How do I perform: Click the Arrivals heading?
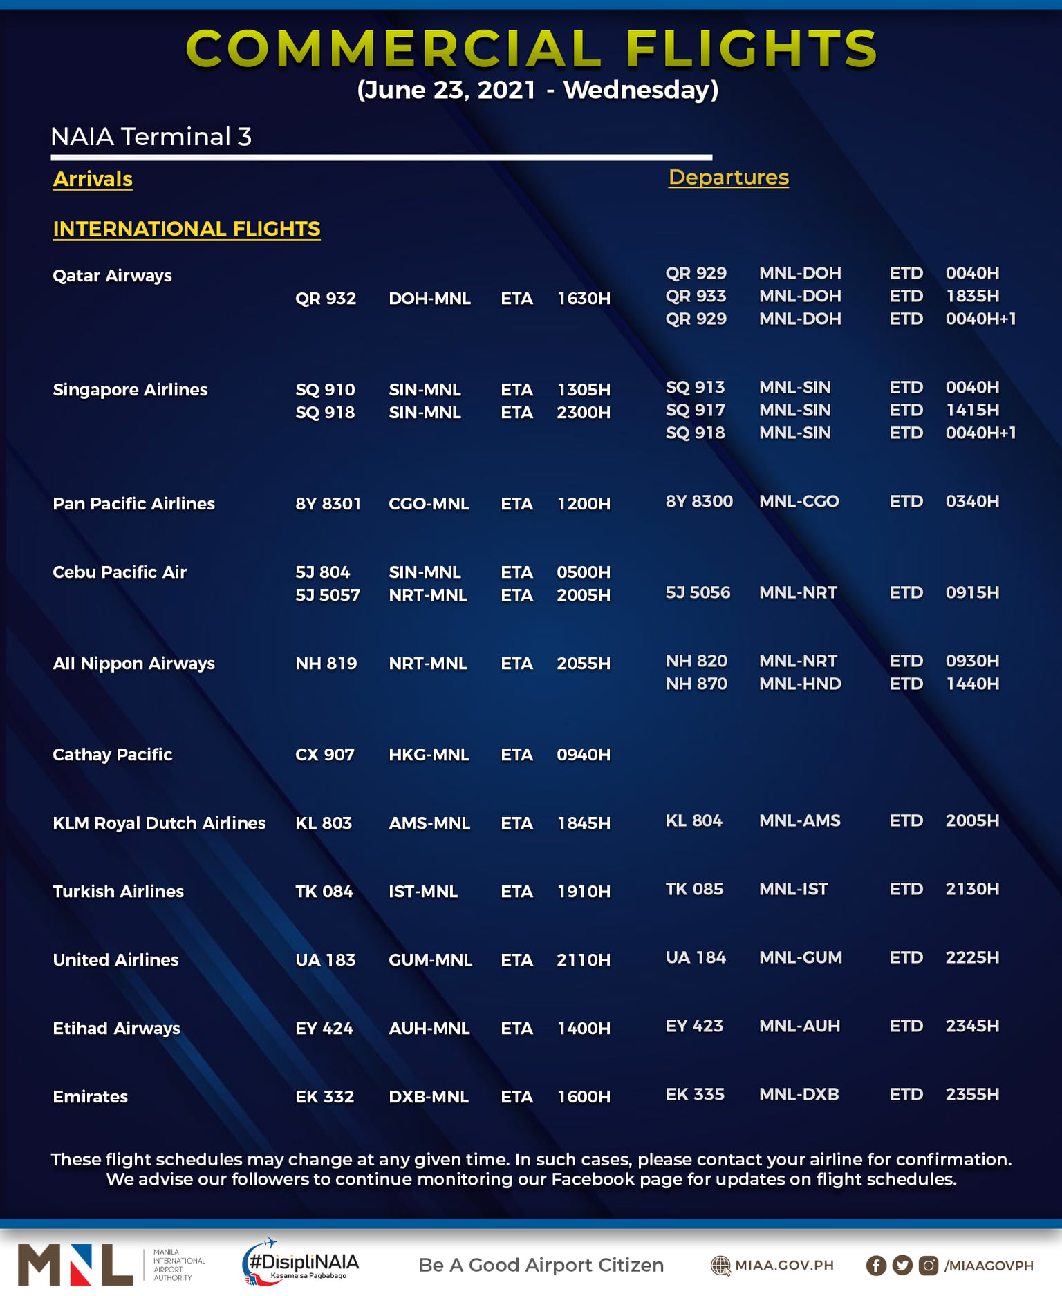coord(93,179)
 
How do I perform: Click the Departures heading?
coord(728,178)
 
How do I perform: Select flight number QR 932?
coord(325,299)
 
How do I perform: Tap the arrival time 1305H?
coord(583,390)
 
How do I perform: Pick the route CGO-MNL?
coord(429,504)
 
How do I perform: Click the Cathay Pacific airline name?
coord(112,755)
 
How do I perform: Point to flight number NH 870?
coord(696,684)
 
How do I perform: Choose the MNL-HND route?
coord(799,684)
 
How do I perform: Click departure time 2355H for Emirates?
coord(971,1095)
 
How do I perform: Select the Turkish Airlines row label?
coord(118,892)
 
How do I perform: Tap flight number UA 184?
coord(695,958)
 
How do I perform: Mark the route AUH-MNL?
coord(429,1029)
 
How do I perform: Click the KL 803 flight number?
coord(323,823)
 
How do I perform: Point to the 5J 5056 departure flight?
coord(697,593)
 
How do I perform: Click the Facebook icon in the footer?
coord(875,1266)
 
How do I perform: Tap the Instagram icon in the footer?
coord(928,1266)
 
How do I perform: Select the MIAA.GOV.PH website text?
coord(783,1266)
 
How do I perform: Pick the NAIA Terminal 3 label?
coord(151,137)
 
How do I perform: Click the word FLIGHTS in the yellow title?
coord(752,49)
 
